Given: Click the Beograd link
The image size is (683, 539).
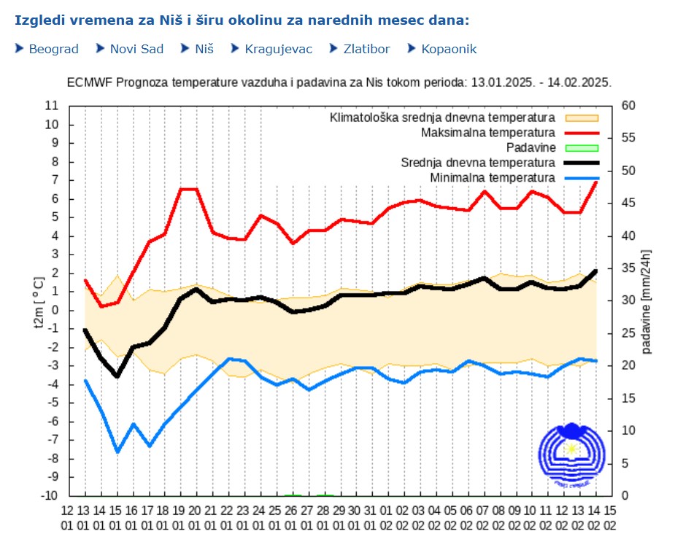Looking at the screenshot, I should pyautogui.click(x=53, y=49).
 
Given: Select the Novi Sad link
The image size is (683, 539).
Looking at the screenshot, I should pyautogui.click(x=136, y=49).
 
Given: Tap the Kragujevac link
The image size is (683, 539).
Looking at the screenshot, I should pyautogui.click(x=278, y=49).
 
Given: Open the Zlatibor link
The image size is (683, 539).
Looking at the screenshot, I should pyautogui.click(x=367, y=49).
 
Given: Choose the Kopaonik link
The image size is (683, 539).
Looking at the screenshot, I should pyautogui.click(x=449, y=49).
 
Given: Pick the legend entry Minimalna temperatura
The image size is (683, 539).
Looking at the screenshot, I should pyautogui.click(x=493, y=178).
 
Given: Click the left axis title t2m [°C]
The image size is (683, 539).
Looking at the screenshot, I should pyautogui.click(x=40, y=303).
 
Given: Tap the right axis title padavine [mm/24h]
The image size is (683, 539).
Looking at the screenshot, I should pyautogui.click(x=647, y=301).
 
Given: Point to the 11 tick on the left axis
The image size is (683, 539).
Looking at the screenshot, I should pyautogui.click(x=52, y=106).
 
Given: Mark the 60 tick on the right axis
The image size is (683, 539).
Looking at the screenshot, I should pyautogui.click(x=628, y=106).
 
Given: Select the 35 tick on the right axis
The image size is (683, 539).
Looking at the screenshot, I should pyautogui.click(x=628, y=268).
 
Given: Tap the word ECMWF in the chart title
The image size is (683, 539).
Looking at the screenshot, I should pyautogui.click(x=87, y=82).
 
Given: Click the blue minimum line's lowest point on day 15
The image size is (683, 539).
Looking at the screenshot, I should pyautogui.click(x=117, y=452).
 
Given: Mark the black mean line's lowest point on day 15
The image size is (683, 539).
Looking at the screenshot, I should pyautogui.click(x=117, y=376).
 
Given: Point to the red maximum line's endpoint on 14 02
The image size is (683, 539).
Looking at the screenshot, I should pyautogui.click(x=595, y=182).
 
